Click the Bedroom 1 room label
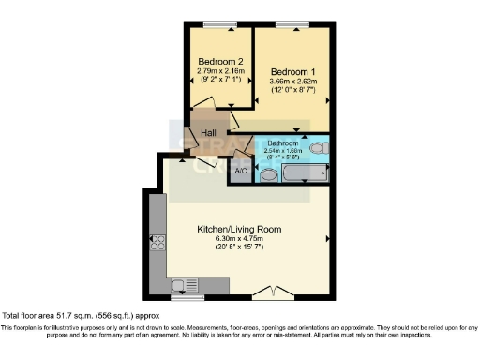tap(292, 71)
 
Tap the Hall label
tap(209, 132)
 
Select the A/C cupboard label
tap(240, 171)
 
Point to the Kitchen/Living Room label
tap(239, 229)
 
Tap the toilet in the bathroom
tap(317, 147)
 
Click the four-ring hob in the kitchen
tap(157, 242)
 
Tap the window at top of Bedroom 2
tap(222, 22)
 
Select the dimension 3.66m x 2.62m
tap(294, 82)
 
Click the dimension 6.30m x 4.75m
tap(238, 238)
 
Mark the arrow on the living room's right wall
tap(326, 239)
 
